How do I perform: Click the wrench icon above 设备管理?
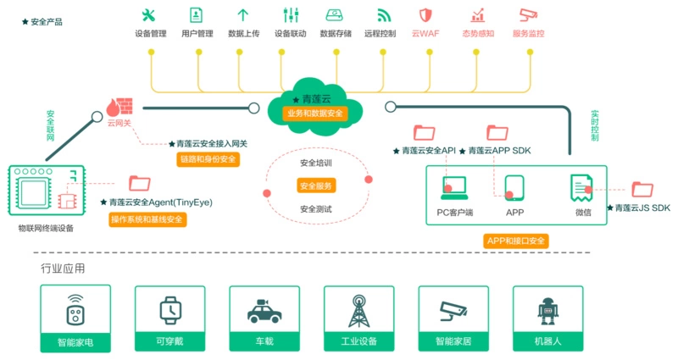tap(150, 14)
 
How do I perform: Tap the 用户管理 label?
tap(197, 34)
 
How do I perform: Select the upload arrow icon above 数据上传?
tap(243, 14)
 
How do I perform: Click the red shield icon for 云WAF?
tap(425, 14)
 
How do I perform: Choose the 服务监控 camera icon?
tap(529, 14)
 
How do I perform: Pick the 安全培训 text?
tap(316, 163)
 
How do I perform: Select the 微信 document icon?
tap(581, 187)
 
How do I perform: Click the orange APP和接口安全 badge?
tap(516, 241)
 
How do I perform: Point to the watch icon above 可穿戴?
tap(170, 311)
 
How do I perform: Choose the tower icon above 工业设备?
tap(358, 311)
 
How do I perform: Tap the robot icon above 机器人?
tap(547, 311)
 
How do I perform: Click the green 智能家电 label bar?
tap(75, 343)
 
